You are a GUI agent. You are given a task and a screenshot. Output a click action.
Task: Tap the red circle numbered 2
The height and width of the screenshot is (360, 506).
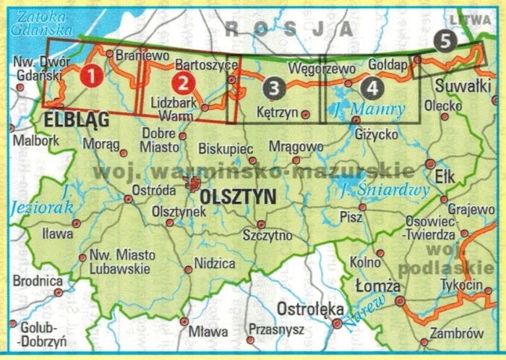184,82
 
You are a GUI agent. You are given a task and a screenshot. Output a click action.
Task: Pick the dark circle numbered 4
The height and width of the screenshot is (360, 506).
371,88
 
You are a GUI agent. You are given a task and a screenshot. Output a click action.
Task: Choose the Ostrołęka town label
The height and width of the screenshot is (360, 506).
311,309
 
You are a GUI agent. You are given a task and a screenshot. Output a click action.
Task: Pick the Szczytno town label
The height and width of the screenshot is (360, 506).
267,236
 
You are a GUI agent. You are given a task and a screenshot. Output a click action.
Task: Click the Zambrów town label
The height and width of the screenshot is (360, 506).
455,334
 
